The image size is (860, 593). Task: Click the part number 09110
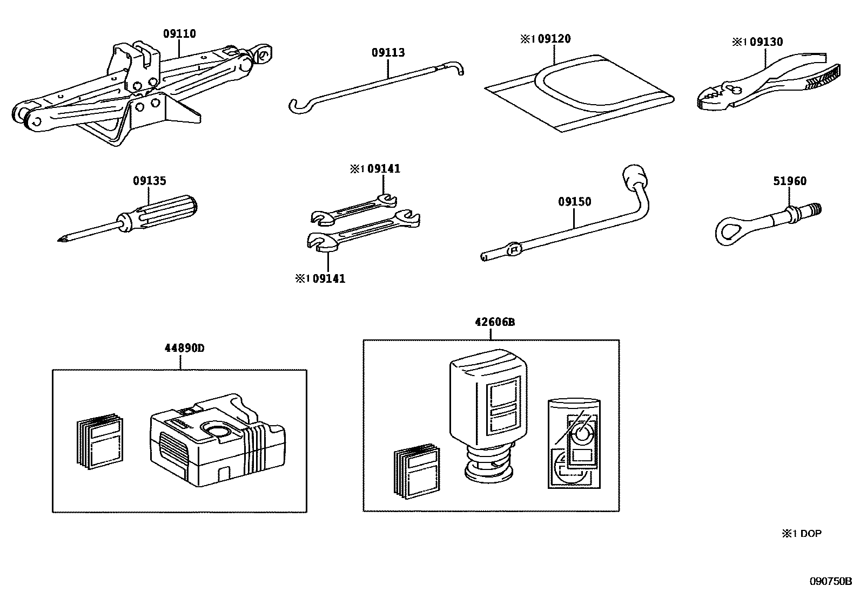point(179,34)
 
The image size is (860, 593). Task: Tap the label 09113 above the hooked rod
point(387,53)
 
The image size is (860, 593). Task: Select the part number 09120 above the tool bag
point(554,39)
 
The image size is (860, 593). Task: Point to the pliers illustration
point(767,84)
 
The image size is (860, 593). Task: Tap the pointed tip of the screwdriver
point(59,240)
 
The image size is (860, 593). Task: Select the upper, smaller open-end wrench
point(354,209)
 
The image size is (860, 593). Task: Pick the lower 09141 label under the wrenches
point(329,279)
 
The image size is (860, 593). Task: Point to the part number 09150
point(574,202)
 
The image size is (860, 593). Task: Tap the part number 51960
point(789,181)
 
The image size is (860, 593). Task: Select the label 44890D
point(184,348)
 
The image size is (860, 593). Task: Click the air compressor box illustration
point(216,442)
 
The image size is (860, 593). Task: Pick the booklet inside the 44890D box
point(98,441)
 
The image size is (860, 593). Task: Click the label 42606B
point(494,322)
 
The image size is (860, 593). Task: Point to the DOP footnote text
point(802,534)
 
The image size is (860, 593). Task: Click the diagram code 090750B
point(830,581)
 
